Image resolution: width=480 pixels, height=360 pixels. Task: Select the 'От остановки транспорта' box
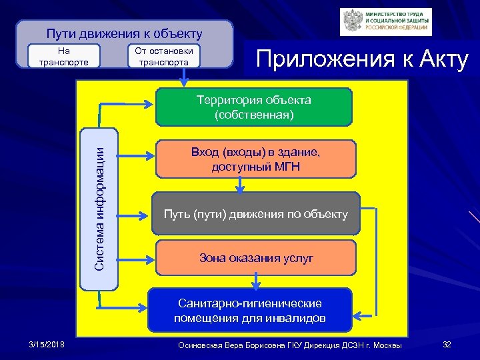click(163, 57)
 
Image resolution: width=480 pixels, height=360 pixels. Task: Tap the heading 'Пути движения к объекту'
click(124, 33)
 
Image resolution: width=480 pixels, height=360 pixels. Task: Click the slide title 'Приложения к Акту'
click(363, 60)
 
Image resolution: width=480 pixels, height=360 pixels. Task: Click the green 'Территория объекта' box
click(253, 107)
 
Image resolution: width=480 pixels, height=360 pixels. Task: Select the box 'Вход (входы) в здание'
click(256, 159)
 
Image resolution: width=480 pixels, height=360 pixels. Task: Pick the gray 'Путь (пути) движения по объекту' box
click(256, 214)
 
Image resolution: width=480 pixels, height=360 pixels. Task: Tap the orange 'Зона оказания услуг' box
click(256, 258)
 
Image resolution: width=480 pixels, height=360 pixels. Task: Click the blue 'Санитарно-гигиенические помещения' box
click(249, 310)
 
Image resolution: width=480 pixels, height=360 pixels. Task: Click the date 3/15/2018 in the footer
click(47, 344)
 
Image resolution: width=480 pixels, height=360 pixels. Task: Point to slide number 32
click(447, 344)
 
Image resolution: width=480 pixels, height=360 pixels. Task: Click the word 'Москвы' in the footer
click(386, 345)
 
